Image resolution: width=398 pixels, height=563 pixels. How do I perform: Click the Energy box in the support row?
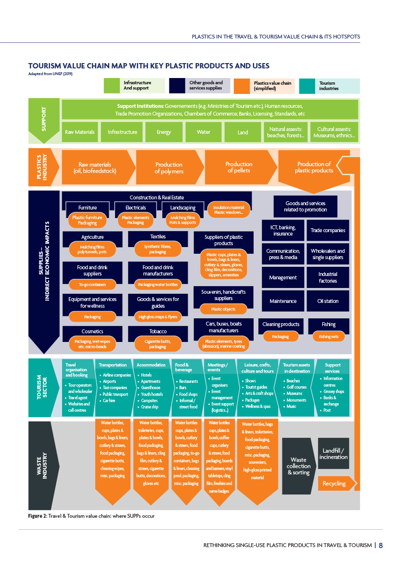(164, 132)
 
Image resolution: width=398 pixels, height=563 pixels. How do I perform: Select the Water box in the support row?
(203, 132)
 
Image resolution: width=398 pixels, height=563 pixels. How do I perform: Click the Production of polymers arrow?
(169, 167)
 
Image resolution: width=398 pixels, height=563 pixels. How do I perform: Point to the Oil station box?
(328, 301)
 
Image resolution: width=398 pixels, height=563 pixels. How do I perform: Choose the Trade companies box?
(328, 230)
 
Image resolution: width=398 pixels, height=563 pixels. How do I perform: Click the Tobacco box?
(158, 331)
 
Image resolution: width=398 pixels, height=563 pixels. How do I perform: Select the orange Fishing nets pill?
(328, 337)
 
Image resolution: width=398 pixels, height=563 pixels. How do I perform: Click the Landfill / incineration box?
(334, 453)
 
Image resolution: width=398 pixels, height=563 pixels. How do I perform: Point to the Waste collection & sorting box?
(298, 466)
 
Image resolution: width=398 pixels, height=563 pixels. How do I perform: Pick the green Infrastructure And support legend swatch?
(112, 86)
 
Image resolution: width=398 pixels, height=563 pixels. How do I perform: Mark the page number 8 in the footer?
(381, 545)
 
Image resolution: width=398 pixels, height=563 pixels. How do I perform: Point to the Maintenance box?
(283, 301)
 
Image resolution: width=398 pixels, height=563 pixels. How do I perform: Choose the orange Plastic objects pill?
(223, 309)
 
